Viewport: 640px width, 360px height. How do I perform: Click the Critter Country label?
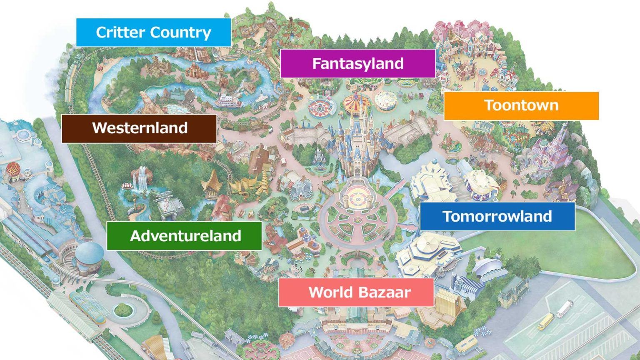153,32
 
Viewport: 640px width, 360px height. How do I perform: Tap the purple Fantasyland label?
357,63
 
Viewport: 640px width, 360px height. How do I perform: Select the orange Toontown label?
521,105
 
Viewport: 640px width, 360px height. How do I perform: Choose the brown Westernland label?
139,128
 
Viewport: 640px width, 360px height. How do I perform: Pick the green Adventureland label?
184,236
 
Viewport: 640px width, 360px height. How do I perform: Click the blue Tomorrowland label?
497,216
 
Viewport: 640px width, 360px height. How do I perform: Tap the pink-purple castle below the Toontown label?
550,154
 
